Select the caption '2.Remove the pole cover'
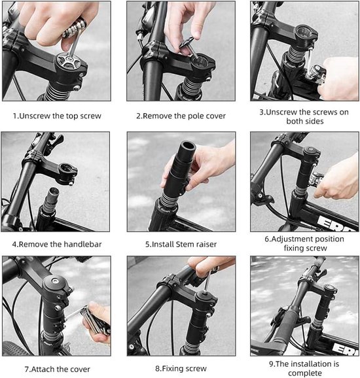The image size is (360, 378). (x=181, y=116)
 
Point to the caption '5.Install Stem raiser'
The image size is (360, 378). (x=181, y=244)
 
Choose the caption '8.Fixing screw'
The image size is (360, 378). (x=181, y=369)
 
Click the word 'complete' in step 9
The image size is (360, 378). (x=304, y=373)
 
